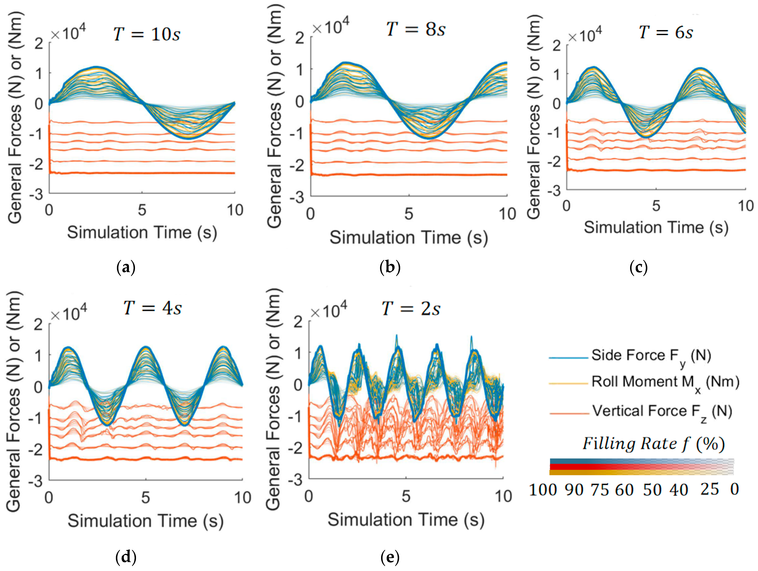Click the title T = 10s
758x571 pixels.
click(147, 34)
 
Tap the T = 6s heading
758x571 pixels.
click(666, 33)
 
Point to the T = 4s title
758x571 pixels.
click(152, 308)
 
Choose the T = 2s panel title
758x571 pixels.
click(411, 309)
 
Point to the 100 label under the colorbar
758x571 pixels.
click(543, 490)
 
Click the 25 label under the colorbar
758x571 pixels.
click(710, 489)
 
